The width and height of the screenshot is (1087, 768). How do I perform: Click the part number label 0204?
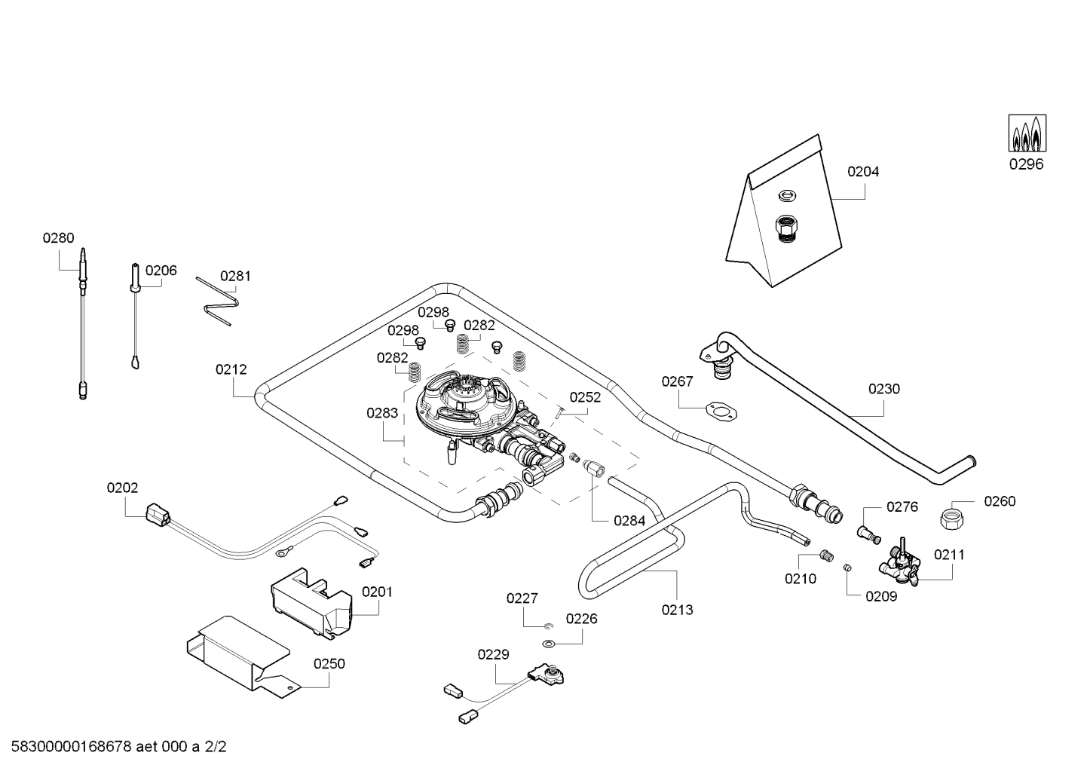862,172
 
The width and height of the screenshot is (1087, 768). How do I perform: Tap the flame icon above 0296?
1027,133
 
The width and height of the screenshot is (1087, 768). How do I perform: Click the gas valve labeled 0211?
900,567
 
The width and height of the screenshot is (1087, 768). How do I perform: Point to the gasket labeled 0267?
721,410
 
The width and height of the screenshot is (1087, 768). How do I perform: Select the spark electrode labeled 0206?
135,279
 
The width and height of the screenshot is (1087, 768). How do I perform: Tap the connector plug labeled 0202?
158,515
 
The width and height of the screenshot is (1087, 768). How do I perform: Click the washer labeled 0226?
549,644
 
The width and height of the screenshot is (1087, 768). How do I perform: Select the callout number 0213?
677,610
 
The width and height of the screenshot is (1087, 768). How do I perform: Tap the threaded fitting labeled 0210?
825,556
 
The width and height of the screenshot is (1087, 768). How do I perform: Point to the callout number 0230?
883,389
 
